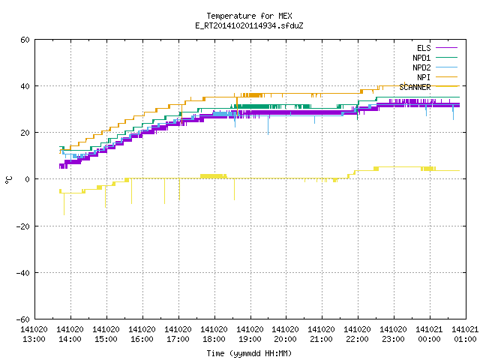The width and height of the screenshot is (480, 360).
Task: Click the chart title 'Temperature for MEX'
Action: (249, 16)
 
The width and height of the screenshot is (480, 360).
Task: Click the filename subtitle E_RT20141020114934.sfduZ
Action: (249, 25)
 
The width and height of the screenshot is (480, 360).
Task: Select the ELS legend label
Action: (424, 48)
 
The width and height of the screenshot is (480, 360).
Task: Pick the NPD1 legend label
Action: (421, 58)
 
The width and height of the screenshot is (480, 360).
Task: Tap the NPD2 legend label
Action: (421, 67)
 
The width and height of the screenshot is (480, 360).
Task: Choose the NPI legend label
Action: (424, 77)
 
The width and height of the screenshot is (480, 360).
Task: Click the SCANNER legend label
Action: (415, 87)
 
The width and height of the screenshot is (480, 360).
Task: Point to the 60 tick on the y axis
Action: (25, 40)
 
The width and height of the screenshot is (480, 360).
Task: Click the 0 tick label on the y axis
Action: (28, 179)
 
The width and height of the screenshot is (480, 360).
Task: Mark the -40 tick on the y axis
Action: (23, 273)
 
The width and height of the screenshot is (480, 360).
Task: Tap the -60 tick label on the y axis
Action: (23, 319)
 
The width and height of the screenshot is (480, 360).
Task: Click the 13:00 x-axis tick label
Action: (34, 339)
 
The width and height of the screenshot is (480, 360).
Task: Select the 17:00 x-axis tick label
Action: (178, 339)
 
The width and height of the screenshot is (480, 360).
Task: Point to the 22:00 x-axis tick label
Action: (357, 339)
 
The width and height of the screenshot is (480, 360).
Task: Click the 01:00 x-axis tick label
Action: (465, 339)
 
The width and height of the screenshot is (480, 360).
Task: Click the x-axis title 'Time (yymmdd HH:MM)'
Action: (249, 353)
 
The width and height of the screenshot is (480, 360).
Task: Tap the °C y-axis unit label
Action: (8, 180)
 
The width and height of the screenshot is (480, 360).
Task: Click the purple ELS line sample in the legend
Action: (446, 48)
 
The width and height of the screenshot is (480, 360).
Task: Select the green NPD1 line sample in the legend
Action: (446, 57)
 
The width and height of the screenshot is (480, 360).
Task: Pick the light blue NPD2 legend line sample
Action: (446, 67)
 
